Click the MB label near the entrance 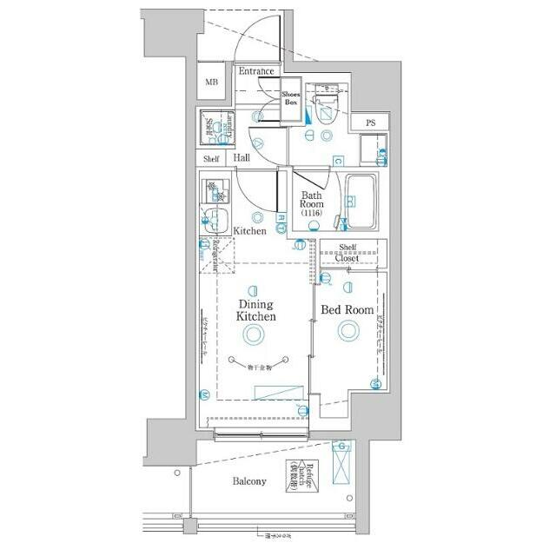(x=211, y=83)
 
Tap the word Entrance (x=257, y=71)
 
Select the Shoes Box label (x=291, y=97)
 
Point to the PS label (x=371, y=122)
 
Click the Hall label (x=242, y=158)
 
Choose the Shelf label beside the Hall (x=212, y=159)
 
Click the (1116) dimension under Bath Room (x=311, y=214)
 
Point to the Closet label (x=347, y=258)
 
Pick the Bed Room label (x=347, y=310)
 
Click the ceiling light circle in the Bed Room (x=348, y=329)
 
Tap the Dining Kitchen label (x=256, y=311)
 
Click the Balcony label (x=248, y=481)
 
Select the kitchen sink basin (x=215, y=219)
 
